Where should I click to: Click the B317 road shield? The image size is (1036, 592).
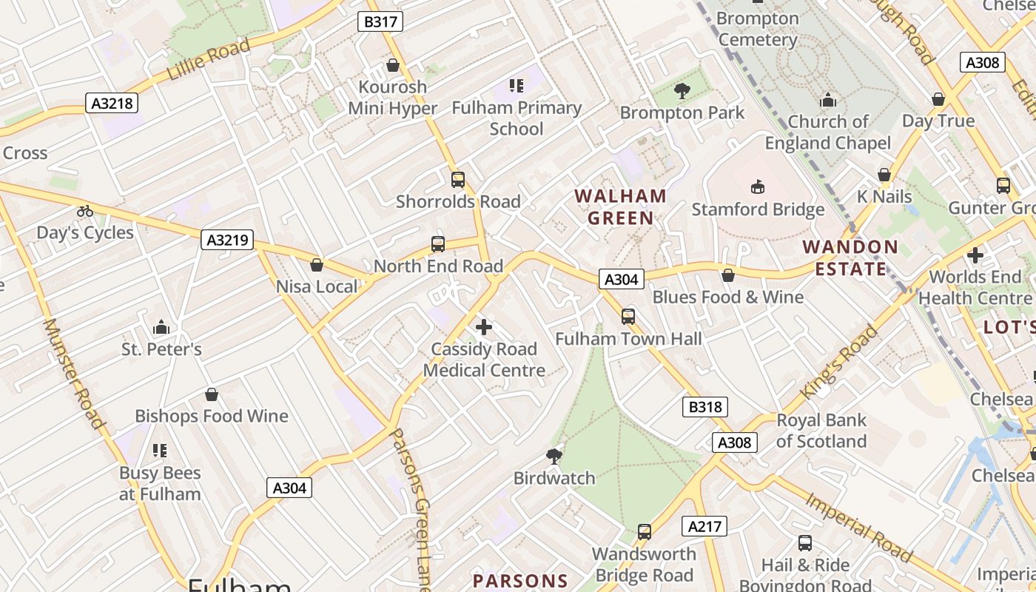tap(380, 21)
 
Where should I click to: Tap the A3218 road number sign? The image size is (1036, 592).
tap(112, 103)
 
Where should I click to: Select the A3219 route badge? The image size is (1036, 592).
tap(227, 240)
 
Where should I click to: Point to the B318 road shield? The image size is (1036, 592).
tap(704, 406)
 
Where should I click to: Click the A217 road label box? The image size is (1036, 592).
tap(704, 526)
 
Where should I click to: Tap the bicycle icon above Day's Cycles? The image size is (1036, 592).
tap(85, 211)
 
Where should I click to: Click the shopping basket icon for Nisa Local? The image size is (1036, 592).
tap(317, 265)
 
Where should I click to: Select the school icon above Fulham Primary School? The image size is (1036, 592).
tap(517, 86)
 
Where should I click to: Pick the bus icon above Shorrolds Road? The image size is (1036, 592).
tap(458, 180)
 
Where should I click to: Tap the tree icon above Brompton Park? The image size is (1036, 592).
tap(682, 91)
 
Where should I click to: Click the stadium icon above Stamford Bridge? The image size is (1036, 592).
tap(758, 186)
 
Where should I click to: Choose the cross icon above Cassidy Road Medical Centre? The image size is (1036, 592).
tap(484, 326)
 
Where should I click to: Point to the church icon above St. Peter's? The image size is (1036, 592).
tap(161, 327)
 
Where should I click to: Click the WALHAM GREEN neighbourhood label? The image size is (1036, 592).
tap(620, 207)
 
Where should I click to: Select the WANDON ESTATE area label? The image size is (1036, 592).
tap(850, 258)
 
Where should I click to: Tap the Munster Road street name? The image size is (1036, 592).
tap(73, 374)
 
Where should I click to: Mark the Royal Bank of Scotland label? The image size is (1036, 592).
tap(821, 431)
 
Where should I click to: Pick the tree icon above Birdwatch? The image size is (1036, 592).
tap(554, 456)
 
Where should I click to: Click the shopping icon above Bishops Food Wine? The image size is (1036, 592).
tap(212, 394)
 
